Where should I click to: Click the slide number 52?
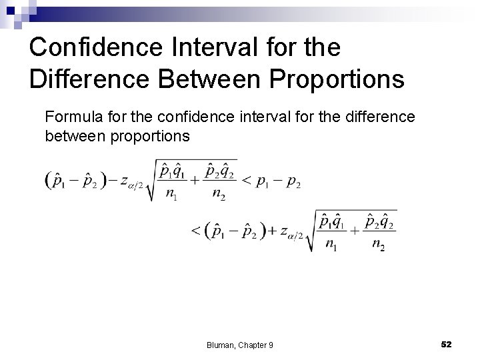tap(447, 343)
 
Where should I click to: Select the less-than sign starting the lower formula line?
tap(196, 231)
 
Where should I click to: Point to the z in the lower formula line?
tap(285, 231)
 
